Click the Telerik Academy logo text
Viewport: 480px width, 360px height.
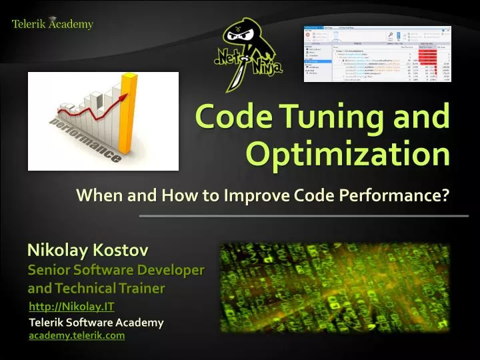click(53, 25)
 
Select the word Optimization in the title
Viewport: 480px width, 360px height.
click(348, 155)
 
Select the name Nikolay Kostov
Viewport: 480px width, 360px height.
click(87, 251)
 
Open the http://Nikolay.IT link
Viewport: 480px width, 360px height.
click(72, 307)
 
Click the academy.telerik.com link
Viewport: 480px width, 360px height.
click(77, 335)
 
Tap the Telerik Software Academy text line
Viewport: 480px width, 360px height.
click(96, 322)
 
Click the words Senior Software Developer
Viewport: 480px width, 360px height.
click(116, 271)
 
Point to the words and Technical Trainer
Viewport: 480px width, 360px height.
click(96, 288)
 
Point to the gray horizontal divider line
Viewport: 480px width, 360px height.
click(304, 216)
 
